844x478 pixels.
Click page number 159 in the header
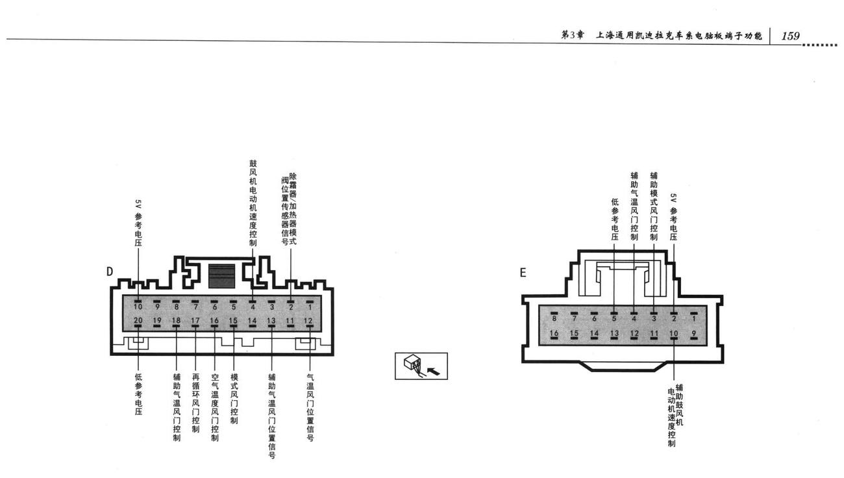pyautogui.click(x=791, y=36)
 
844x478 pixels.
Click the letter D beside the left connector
pyautogui.click(x=110, y=271)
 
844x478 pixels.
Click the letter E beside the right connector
pyautogui.click(x=523, y=273)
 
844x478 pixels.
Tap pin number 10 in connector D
pyautogui.click(x=138, y=307)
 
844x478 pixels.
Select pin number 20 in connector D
pyautogui.click(x=138, y=320)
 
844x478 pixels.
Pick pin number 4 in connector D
pyautogui.click(x=253, y=307)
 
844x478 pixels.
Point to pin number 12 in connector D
pyautogui.click(x=308, y=321)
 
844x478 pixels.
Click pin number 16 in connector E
pyautogui.click(x=554, y=333)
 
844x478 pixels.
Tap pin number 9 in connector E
pyautogui.click(x=693, y=333)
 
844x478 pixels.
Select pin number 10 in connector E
pyautogui.click(x=673, y=333)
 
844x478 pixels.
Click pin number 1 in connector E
pyautogui.click(x=693, y=318)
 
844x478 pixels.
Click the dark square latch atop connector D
pyautogui.click(x=221, y=276)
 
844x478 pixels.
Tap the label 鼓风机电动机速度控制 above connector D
pyautogui.click(x=253, y=203)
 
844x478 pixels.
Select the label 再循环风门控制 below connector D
pyautogui.click(x=195, y=403)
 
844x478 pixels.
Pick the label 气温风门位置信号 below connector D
pyautogui.click(x=310, y=407)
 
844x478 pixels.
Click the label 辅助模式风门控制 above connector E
pyautogui.click(x=654, y=207)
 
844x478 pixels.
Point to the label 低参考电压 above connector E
pyautogui.click(x=615, y=220)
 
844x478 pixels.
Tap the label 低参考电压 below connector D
pyautogui.click(x=138, y=394)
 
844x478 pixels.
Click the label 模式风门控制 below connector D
pyautogui.click(x=234, y=399)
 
